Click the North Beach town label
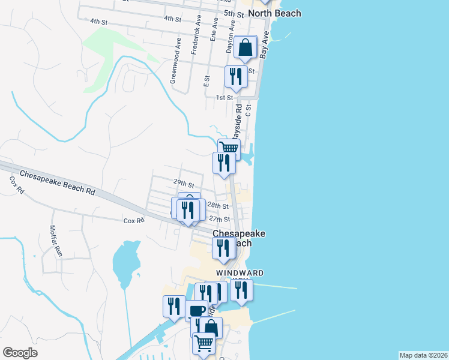(274, 13)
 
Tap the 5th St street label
(233, 14)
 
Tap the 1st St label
(224, 97)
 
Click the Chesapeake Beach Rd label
(58, 184)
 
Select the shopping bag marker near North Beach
(246, 47)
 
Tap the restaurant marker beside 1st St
(235, 77)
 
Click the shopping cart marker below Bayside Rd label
(229, 149)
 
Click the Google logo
(20, 353)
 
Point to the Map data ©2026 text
(423, 355)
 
